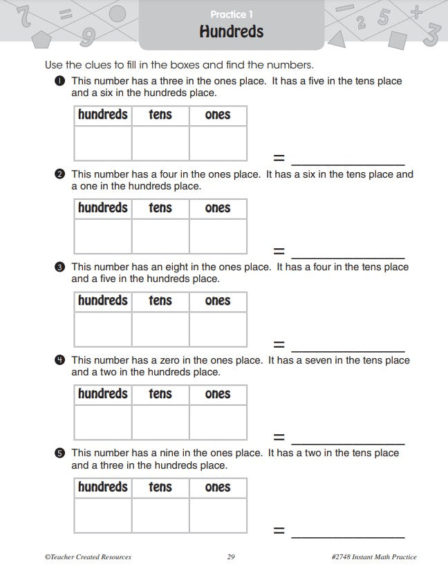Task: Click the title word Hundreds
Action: tap(231, 32)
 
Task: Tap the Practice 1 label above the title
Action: tap(231, 15)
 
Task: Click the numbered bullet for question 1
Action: tap(60, 82)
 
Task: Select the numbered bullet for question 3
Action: tap(60, 268)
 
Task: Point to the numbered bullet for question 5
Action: tap(60, 453)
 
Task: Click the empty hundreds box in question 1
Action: tap(102, 143)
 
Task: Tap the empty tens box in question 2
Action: tap(160, 236)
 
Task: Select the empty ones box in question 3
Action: tap(218, 329)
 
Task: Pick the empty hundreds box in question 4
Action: tap(102, 422)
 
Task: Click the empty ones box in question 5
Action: tap(218, 516)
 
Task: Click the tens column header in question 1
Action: tap(160, 115)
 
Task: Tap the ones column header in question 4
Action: tap(218, 394)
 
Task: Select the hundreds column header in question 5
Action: tap(102, 487)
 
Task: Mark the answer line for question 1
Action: tap(348, 165)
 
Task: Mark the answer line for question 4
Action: tap(348, 443)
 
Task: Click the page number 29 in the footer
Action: tap(231, 557)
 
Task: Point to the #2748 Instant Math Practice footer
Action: tap(374, 557)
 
